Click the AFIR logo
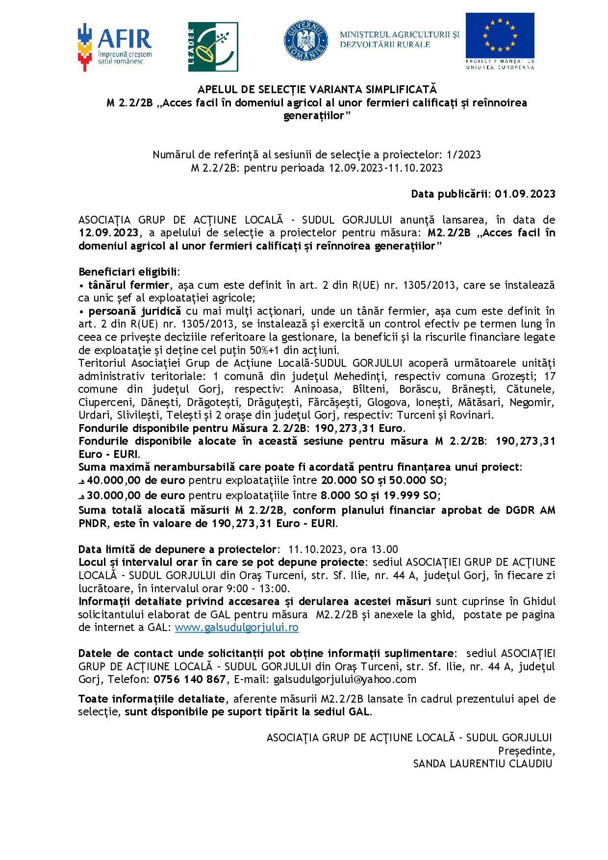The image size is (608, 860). [115, 47]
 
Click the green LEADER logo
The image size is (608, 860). [212, 47]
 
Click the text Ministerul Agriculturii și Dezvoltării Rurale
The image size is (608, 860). [400, 39]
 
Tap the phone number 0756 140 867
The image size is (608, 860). [189, 679]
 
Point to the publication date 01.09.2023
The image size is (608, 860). [525, 194]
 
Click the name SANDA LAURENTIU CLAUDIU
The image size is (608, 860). [483, 763]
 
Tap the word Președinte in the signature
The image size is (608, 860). [526, 751]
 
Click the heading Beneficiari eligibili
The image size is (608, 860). [129, 272]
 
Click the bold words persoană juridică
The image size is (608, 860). [135, 311]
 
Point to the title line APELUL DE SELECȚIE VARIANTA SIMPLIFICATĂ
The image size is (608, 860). [316, 90]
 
